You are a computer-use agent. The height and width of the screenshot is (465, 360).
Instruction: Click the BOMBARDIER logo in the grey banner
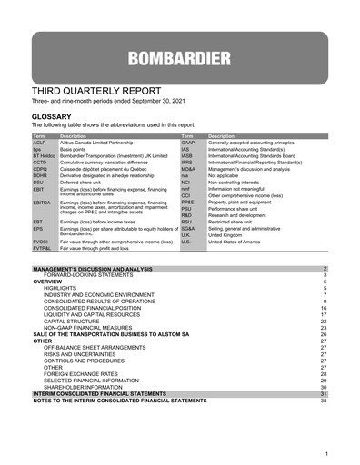click(179, 61)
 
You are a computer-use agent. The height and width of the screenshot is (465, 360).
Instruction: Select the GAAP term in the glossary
click(188, 143)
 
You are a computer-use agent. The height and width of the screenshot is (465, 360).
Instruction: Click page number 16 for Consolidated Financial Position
click(323, 308)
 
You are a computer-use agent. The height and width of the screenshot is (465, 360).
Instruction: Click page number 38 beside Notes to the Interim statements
click(323, 401)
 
